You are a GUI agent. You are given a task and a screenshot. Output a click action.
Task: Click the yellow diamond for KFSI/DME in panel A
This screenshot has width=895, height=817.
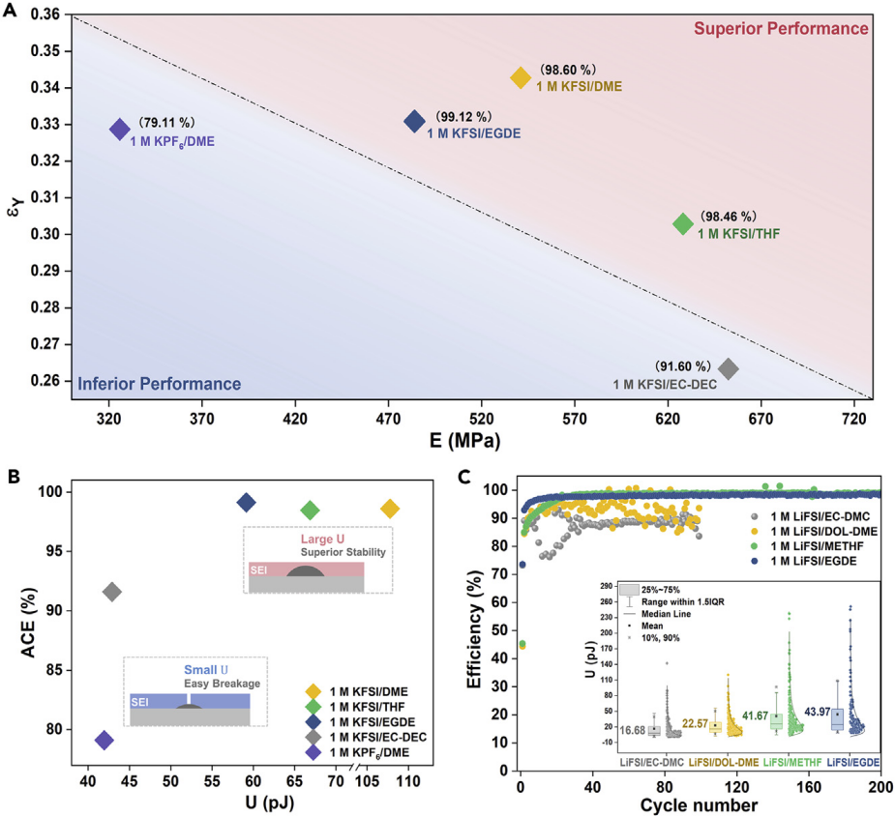click(521, 78)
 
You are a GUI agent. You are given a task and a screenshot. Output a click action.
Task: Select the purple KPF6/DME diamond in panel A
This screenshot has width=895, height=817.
click(120, 129)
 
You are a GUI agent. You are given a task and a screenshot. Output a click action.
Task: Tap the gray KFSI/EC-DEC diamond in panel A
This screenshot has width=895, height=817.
click(729, 368)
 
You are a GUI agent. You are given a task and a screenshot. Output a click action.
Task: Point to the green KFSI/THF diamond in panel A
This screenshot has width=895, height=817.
click(683, 223)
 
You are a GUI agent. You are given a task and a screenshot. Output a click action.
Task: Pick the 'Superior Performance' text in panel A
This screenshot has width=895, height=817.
click(781, 29)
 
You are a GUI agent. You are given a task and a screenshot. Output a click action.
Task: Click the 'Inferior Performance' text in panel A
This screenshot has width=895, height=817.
click(160, 384)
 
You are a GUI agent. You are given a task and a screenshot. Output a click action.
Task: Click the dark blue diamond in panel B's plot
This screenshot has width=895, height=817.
click(246, 503)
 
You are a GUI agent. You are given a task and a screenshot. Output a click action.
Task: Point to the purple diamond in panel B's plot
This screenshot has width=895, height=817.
click(104, 741)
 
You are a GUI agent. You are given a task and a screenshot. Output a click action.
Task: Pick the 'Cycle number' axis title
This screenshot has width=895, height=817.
click(699, 804)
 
